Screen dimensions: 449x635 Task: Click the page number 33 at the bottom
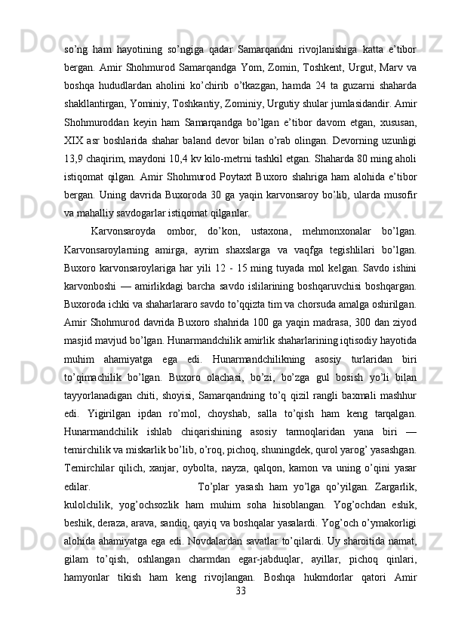point(241,610)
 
